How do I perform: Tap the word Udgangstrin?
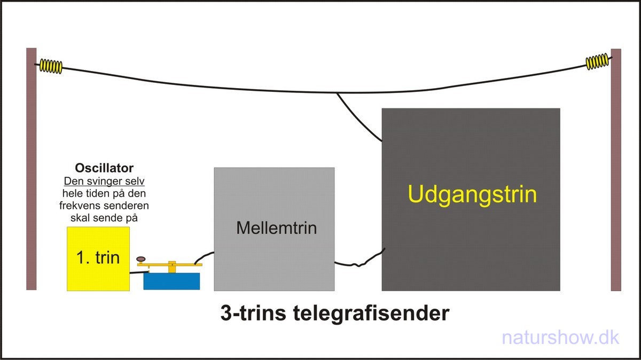click(472, 194)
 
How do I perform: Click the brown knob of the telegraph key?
click(141, 259)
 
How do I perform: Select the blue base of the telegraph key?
click(171, 281)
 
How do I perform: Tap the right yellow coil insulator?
click(597, 61)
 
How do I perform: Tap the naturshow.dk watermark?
click(561, 338)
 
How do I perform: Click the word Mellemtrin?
click(276, 228)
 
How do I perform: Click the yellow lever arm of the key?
click(182, 264)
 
